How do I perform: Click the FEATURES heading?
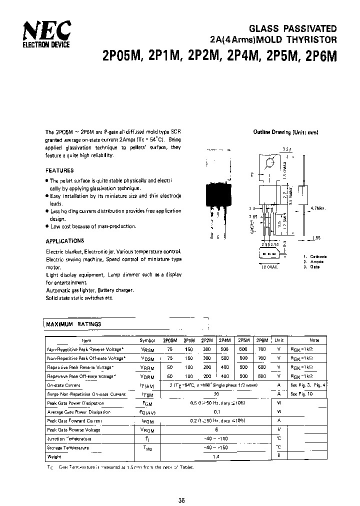(59, 170)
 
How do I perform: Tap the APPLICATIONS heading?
(65, 240)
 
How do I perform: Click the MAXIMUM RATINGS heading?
(73, 324)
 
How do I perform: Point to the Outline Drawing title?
(285, 132)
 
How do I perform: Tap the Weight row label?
(53, 456)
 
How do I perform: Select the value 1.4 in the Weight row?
(216, 456)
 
